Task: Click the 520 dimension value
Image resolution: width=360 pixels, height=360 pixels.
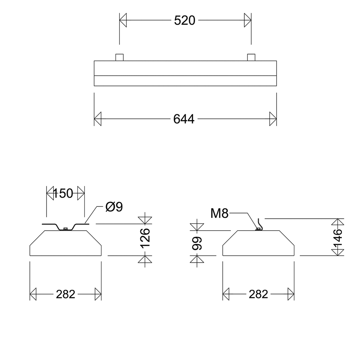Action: click(184, 20)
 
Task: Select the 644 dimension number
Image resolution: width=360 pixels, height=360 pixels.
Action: click(184, 119)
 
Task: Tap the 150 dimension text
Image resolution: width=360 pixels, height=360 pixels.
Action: click(63, 194)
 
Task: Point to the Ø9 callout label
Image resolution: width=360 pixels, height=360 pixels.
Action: click(114, 207)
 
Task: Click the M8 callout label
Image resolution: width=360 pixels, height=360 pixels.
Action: click(220, 214)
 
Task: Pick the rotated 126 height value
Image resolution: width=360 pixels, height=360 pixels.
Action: click(145, 238)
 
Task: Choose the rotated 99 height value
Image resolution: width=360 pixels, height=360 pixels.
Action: click(197, 243)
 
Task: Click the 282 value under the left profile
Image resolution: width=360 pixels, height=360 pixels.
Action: click(65, 294)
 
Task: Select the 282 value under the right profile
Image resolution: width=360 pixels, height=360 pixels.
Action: click(258, 294)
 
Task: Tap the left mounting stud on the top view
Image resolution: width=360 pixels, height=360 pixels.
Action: click(119, 57)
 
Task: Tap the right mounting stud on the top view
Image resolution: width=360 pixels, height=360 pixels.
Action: click(251, 57)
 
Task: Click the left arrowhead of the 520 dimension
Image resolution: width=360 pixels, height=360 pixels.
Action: click(123, 20)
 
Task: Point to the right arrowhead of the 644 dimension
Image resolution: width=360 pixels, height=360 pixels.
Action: click(273, 119)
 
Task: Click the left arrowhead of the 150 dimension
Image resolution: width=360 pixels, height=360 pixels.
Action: click(50, 194)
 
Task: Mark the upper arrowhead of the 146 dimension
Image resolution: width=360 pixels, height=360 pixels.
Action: click(338, 222)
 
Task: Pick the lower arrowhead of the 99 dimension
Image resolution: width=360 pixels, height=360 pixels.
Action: click(197, 259)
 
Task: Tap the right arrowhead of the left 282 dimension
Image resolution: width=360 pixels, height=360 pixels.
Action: click(98, 294)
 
